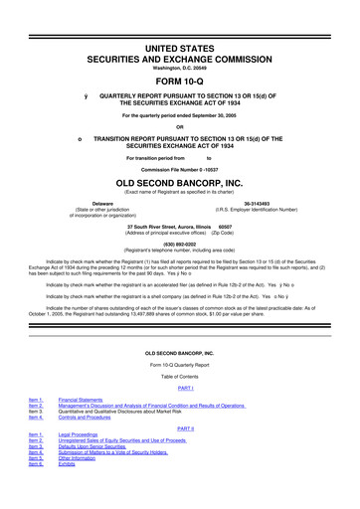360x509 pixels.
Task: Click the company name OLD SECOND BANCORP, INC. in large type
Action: (x=179, y=184)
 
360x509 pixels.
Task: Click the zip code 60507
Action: (x=226, y=225)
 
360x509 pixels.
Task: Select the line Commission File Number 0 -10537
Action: (x=179, y=171)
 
